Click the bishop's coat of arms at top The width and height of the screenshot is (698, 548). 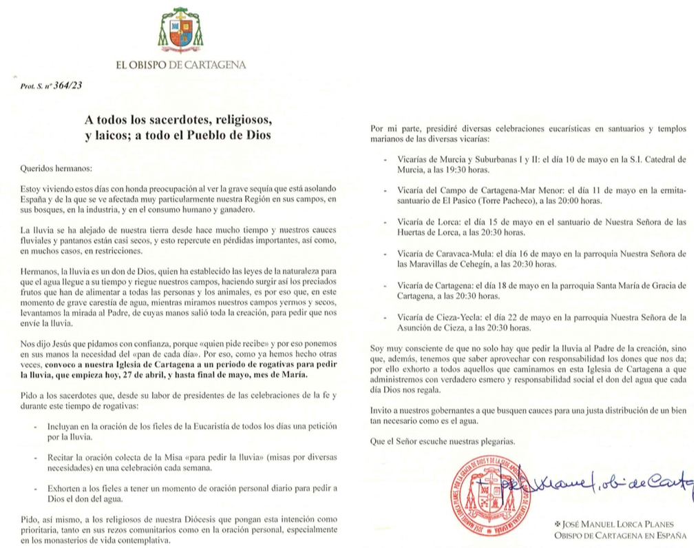click(x=181, y=32)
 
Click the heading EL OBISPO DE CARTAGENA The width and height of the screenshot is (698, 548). click(x=181, y=65)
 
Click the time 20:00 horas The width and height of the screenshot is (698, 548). click(x=578, y=201)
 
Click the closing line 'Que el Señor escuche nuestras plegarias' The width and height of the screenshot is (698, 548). click(x=442, y=441)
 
